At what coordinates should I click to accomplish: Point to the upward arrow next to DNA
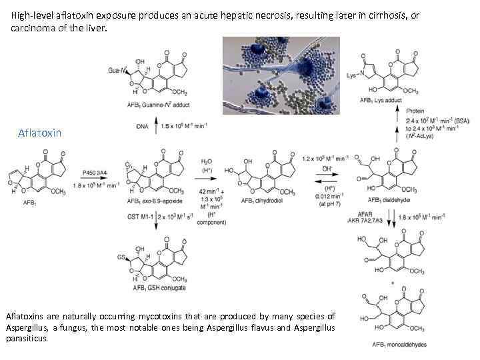click(x=155, y=124)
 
